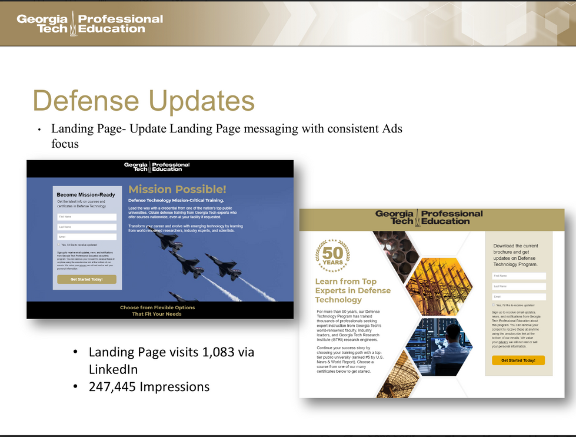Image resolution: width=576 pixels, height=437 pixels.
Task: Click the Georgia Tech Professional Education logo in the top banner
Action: tap(89, 23)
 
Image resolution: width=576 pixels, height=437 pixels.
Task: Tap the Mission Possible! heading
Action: tap(177, 189)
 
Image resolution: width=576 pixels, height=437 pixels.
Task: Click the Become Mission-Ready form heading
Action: tap(86, 194)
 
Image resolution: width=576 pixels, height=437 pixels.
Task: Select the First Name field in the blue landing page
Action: tap(86, 217)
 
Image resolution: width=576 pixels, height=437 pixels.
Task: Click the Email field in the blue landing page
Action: tap(86, 237)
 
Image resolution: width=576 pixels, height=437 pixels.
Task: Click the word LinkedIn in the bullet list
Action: tap(113, 369)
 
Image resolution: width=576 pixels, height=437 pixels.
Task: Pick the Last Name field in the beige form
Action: tap(519, 286)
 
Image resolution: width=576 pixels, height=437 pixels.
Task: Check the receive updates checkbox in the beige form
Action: tap(494, 305)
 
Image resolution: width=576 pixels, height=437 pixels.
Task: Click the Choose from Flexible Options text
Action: tap(157, 307)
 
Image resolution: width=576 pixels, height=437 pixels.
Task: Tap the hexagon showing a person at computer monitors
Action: tap(439, 347)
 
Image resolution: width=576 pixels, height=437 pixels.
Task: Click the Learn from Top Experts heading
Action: tap(352, 290)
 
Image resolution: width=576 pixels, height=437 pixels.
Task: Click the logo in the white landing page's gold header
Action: tap(429, 217)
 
